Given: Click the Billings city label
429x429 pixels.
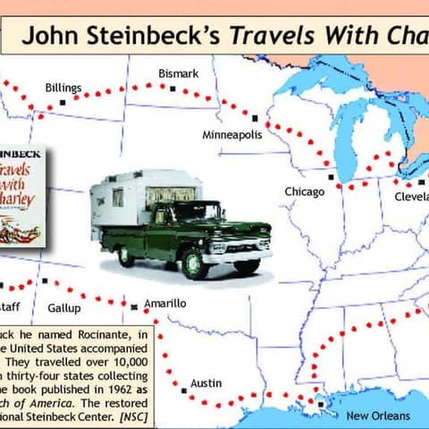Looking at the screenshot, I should click(63, 88).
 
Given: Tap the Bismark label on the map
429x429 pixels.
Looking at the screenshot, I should click(178, 72).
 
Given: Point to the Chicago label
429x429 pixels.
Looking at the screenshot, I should click(304, 191).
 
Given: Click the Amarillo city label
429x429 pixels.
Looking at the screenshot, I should click(165, 304).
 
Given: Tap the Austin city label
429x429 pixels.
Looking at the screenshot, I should click(206, 383).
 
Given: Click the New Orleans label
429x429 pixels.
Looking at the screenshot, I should click(378, 416).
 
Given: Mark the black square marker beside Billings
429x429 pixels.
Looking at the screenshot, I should click(63, 103).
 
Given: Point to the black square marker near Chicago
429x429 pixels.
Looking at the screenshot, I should click(332, 177).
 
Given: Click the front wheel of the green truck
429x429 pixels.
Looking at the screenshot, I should click(194, 263).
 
